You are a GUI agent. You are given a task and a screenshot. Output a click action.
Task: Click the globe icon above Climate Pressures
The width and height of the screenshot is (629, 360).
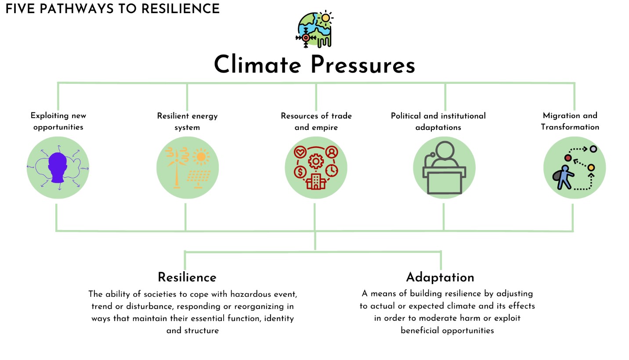click(x=314, y=29)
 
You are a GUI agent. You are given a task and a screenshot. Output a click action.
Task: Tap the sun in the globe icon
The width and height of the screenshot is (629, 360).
click(x=325, y=18)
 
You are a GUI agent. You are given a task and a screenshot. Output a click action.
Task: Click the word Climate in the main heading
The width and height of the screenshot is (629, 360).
click(x=257, y=65)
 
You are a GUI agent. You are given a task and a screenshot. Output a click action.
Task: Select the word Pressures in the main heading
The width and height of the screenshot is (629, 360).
click(x=363, y=65)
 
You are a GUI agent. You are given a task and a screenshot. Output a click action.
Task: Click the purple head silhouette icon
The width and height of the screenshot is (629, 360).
click(x=58, y=168)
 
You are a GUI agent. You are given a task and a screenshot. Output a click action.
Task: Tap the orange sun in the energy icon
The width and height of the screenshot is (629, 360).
click(x=201, y=157)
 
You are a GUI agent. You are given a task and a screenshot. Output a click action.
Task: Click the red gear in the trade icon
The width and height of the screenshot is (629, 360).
click(x=316, y=161)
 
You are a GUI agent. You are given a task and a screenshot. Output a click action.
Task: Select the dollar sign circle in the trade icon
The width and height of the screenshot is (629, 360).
click(x=300, y=172)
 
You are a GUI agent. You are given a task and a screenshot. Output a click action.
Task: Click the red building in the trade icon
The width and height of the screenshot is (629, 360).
click(x=316, y=181)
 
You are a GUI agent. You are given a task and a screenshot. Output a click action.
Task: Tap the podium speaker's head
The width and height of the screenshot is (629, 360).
click(x=445, y=150)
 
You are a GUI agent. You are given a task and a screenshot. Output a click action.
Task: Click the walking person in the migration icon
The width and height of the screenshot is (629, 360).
click(x=564, y=177)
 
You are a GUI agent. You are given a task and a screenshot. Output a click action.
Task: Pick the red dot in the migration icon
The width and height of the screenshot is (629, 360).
click(x=568, y=158)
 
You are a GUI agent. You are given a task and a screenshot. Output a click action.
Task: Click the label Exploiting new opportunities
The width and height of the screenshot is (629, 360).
click(x=58, y=121)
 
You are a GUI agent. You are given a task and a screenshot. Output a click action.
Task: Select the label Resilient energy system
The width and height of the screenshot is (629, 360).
click(x=187, y=122)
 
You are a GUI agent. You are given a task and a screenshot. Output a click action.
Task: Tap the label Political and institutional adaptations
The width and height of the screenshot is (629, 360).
click(x=438, y=122)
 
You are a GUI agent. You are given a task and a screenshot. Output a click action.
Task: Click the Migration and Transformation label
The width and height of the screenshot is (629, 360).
click(x=570, y=121)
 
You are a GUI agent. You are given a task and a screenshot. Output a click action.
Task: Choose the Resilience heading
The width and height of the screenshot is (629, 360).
click(x=187, y=277)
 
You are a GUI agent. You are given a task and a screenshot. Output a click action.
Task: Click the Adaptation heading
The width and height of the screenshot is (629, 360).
click(x=440, y=277)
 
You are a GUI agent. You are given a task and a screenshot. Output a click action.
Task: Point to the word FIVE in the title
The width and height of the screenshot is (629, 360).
click(x=20, y=9)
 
